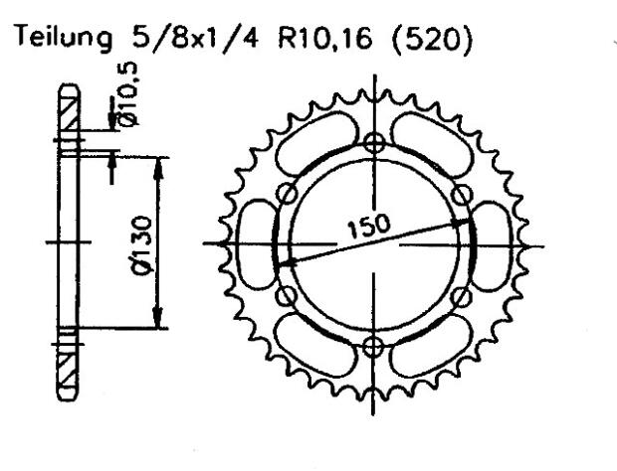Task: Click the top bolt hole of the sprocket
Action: coord(374,142)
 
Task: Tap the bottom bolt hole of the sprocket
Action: coord(374,346)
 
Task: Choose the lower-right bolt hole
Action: coord(461,295)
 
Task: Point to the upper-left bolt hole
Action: coord(287,192)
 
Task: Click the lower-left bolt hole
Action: coord(287,295)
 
